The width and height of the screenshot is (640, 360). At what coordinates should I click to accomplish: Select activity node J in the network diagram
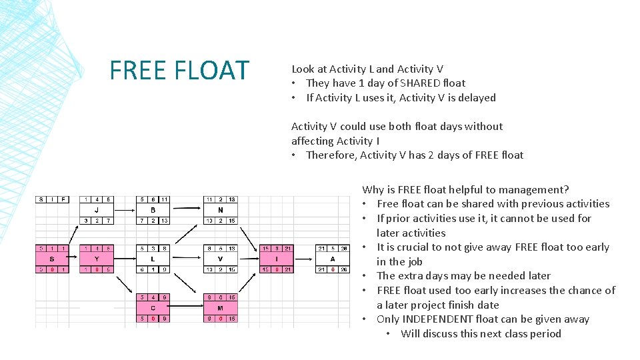pos(96,210)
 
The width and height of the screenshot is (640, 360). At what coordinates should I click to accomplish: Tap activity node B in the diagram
pos(153,210)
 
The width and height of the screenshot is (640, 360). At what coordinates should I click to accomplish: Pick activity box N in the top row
pos(220,210)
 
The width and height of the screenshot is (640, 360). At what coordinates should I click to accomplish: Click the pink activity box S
pos(51,259)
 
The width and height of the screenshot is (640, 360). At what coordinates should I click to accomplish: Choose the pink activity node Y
pos(96,259)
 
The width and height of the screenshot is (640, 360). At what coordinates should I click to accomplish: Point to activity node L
pos(153,259)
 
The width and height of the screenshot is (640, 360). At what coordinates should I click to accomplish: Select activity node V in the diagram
pos(220,259)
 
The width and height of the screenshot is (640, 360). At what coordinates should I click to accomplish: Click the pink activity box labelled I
pos(276,259)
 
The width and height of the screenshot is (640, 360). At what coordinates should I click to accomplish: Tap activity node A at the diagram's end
pos(332,259)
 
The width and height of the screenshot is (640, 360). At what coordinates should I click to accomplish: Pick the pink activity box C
pos(153,307)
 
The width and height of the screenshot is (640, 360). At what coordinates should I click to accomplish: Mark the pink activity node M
pos(220,307)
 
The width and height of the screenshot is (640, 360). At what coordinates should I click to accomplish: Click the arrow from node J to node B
pos(125,210)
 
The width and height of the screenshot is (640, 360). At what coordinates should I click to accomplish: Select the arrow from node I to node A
pos(304,259)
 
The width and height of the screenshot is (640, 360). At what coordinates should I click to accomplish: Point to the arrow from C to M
pos(187,307)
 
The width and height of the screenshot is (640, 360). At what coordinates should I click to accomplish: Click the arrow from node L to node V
pos(187,259)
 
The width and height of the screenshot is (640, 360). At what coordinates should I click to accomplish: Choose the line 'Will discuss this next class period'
pos(481,334)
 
